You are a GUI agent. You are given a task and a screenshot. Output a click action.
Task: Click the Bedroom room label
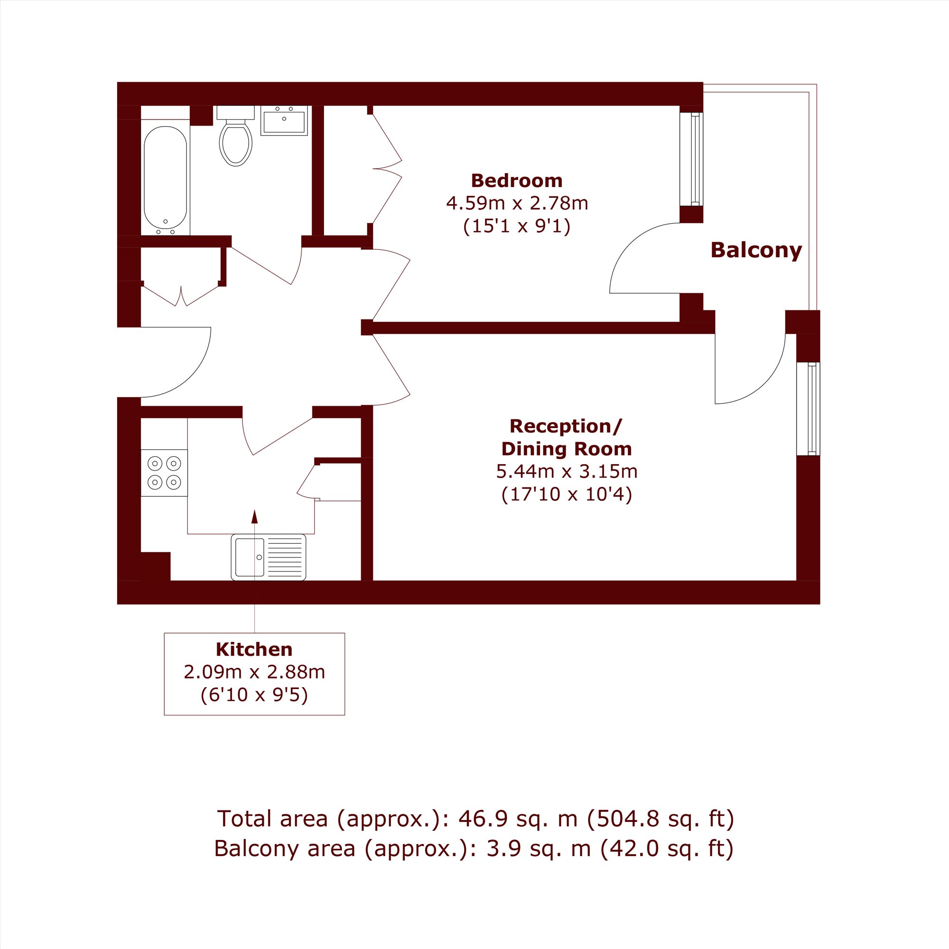pyautogui.click(x=517, y=181)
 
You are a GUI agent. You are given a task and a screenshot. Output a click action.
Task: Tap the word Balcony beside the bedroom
pyautogui.click(x=756, y=251)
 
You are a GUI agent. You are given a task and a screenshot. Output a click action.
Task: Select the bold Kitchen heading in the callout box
pyautogui.click(x=254, y=650)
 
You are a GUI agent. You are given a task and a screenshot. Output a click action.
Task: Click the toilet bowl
pyautogui.click(x=236, y=142)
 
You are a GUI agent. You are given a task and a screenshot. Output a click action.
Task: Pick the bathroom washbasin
pyautogui.click(x=284, y=121)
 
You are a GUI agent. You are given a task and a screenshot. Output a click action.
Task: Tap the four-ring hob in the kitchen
pyautogui.click(x=164, y=473)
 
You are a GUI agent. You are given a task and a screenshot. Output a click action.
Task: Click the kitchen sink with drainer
pyautogui.click(x=268, y=557)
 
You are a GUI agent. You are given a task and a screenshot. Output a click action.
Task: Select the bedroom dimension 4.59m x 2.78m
pyautogui.click(x=517, y=203)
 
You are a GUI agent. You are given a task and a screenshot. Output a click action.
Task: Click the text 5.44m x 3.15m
pyautogui.click(x=567, y=472)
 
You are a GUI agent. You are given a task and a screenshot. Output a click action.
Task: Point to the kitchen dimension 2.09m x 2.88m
pyautogui.click(x=254, y=672)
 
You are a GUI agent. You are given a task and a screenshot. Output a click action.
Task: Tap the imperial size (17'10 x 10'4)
pyautogui.click(x=567, y=494)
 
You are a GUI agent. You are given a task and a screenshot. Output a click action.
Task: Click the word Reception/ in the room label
pyautogui.click(x=566, y=427)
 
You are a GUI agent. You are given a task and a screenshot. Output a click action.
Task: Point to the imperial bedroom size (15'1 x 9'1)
pyautogui.click(x=517, y=226)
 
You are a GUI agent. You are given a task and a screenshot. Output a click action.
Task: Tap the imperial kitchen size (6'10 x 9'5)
pyautogui.click(x=254, y=695)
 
